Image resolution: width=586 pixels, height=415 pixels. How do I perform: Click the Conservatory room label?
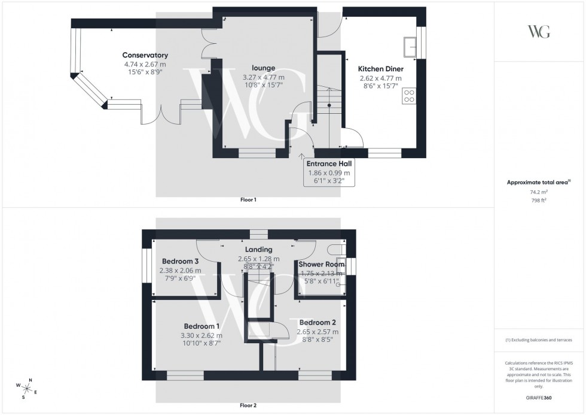click(x=145, y=56)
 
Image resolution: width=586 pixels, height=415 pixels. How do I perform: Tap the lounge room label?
click(x=263, y=68)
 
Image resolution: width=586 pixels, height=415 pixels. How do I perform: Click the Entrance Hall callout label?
click(x=328, y=163)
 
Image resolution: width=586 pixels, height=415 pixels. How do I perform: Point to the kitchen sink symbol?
click(x=410, y=46)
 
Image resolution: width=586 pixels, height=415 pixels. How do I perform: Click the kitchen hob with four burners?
click(x=410, y=96)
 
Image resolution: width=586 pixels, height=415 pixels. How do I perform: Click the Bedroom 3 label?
click(x=180, y=261)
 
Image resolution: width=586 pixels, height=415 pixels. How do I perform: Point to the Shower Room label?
click(x=322, y=264)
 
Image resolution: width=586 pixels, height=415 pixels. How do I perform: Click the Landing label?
click(x=258, y=250)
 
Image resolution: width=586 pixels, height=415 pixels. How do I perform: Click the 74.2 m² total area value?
click(x=539, y=192)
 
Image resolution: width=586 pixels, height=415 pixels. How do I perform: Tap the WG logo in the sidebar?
click(x=539, y=32)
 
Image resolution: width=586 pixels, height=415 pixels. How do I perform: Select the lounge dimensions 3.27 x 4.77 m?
click(x=263, y=77)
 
